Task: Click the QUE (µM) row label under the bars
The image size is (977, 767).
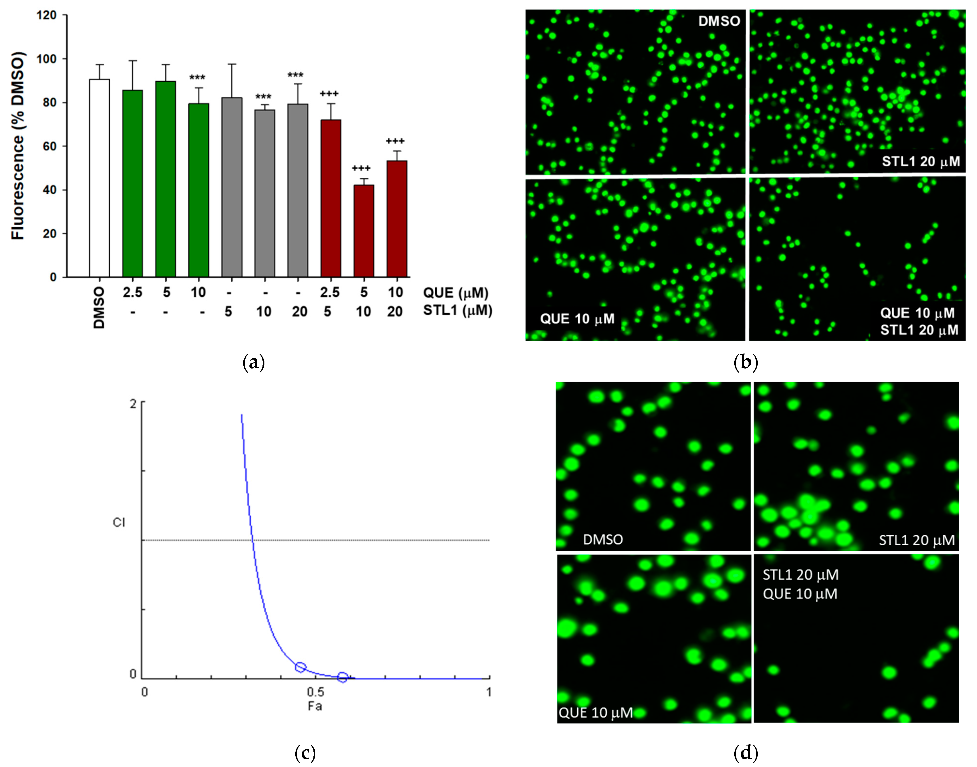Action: pyautogui.click(x=455, y=293)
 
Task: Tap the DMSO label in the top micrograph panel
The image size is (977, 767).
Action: pyautogui.click(x=719, y=21)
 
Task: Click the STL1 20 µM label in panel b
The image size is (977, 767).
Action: pyautogui.click(x=920, y=161)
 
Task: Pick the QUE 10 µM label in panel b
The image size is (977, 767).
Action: pyautogui.click(x=577, y=319)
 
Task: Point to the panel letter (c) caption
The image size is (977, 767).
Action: pyautogui.click(x=305, y=752)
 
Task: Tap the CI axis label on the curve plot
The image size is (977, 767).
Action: pyautogui.click(x=119, y=522)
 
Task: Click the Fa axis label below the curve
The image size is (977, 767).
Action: pyautogui.click(x=315, y=706)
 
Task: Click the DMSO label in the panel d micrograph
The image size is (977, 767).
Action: pyautogui.click(x=602, y=539)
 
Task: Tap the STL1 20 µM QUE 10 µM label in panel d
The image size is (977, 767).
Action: pyautogui.click(x=800, y=584)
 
